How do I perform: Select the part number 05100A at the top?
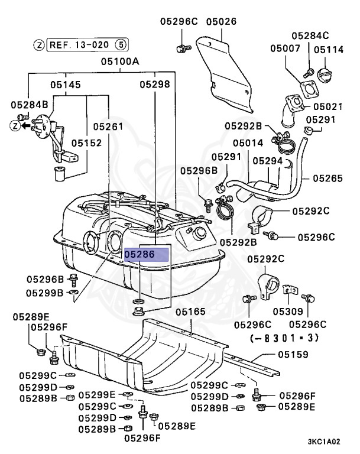click(119, 61)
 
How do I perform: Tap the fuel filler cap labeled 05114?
click(326, 77)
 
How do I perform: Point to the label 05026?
click(221, 22)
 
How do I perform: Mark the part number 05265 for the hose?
click(328, 177)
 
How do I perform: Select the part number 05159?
click(294, 355)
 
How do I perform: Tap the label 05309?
click(288, 312)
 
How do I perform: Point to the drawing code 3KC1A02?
click(324, 441)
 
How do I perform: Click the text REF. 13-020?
click(79, 44)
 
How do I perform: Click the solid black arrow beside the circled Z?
click(27, 125)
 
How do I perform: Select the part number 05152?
click(87, 142)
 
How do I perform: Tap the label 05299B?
click(44, 293)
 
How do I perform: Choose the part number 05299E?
click(98, 395)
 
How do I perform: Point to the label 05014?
click(248, 143)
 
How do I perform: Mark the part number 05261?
click(108, 127)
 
